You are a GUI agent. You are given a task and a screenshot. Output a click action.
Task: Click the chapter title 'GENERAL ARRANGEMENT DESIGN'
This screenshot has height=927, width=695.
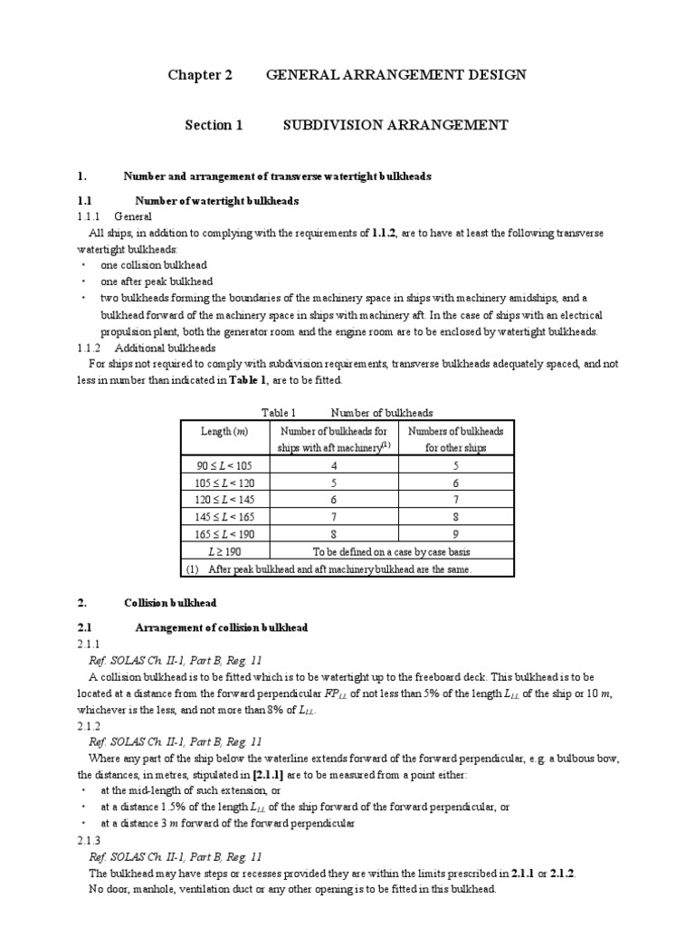click(395, 75)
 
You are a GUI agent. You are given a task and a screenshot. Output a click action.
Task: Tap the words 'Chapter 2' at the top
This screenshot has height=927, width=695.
click(200, 75)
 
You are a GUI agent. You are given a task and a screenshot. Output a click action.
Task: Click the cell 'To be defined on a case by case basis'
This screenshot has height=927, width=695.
click(391, 550)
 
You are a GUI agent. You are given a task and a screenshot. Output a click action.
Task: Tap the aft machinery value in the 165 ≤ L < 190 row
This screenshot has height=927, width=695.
click(335, 533)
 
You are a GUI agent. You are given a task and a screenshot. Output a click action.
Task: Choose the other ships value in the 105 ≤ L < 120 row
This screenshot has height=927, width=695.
click(455, 483)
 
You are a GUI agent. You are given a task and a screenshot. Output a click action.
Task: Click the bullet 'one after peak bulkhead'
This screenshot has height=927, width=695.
click(157, 281)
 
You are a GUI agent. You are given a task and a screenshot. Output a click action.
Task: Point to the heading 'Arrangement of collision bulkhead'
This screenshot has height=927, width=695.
click(221, 627)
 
